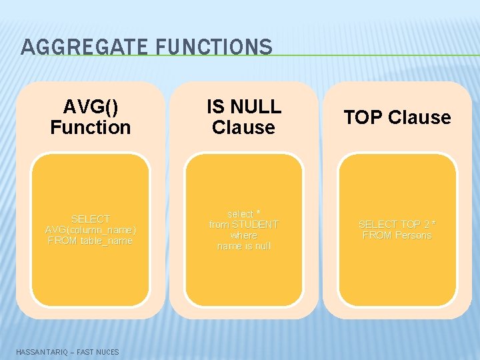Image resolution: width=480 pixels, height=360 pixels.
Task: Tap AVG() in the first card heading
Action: [91, 107]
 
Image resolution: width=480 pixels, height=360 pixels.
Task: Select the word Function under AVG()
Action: [91, 127]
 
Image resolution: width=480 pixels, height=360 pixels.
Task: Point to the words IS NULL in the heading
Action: [244, 107]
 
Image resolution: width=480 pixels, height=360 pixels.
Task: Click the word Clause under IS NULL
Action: [244, 127]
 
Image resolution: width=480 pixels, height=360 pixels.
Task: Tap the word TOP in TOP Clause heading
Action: [364, 117]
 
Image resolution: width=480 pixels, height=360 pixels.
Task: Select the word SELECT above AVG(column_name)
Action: [91, 219]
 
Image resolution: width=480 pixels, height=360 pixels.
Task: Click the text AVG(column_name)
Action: [91, 229]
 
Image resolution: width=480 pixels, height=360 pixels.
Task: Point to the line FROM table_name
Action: [91, 240]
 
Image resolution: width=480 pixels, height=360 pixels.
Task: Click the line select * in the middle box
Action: [244, 214]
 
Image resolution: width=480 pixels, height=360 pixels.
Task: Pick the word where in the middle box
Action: [244, 235]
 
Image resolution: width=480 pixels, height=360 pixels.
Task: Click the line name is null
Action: [244, 246]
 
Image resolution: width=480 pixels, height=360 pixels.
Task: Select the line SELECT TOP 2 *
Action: [397, 225]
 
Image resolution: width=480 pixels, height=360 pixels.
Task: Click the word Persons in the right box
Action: [413, 235]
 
